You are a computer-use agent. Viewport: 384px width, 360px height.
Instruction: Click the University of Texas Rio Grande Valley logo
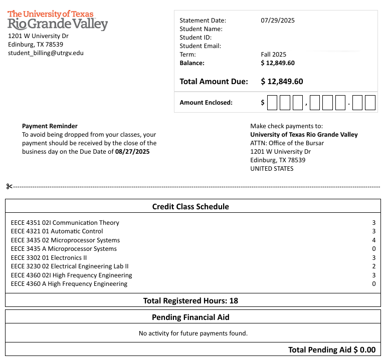(x=58, y=20)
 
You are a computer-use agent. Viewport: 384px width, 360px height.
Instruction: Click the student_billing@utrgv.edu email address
(x=46, y=53)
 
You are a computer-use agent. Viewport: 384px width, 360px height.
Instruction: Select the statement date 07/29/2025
(x=278, y=21)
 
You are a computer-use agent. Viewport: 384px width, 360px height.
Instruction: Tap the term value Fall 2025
(x=274, y=54)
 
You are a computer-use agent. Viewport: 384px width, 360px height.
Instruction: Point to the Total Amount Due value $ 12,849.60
(x=282, y=81)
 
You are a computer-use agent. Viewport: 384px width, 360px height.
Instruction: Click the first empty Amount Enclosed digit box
(x=272, y=103)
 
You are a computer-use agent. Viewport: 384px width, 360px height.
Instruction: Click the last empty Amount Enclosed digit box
(x=370, y=103)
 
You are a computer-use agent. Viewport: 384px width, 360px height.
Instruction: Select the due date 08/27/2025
(x=132, y=151)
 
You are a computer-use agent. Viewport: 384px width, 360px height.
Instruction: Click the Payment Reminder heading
(x=50, y=126)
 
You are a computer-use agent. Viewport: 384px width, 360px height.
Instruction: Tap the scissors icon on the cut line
(x=9, y=187)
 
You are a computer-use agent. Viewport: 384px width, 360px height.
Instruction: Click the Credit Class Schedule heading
(x=190, y=206)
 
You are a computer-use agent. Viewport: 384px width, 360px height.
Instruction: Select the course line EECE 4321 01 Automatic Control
(x=57, y=231)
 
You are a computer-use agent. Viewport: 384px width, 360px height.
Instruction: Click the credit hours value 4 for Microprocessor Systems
(x=373, y=240)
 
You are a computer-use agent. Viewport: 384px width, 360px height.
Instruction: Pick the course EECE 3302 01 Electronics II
(x=49, y=257)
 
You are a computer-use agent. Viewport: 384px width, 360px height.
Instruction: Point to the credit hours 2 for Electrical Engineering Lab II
(x=373, y=266)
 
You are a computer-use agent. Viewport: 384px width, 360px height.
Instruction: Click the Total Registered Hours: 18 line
(x=190, y=300)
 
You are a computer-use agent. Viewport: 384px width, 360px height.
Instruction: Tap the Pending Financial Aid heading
(x=190, y=317)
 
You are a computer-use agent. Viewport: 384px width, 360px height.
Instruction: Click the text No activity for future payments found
(x=193, y=333)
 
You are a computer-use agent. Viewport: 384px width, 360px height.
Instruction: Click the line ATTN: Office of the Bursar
(x=287, y=143)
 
